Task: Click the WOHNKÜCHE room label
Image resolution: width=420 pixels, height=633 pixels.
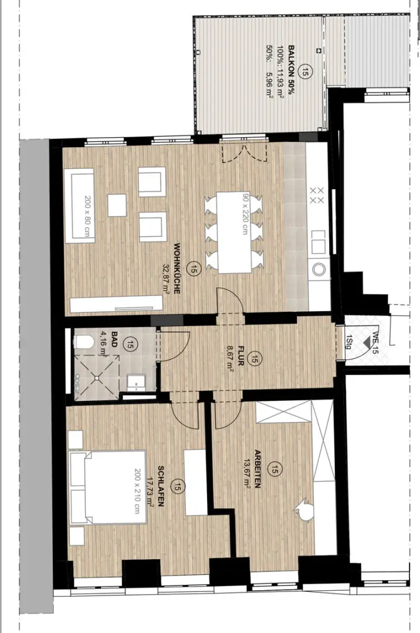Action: (177, 268)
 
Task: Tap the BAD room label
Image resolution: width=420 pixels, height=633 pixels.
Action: (114, 339)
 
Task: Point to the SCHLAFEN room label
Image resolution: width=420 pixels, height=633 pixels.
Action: (160, 486)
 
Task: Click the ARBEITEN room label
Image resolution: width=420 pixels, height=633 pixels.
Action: (258, 469)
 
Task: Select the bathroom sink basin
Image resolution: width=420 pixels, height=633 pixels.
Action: (137, 382)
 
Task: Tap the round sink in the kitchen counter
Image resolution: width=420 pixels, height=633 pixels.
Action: (319, 269)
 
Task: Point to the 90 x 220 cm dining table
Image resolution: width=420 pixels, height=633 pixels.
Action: (234, 232)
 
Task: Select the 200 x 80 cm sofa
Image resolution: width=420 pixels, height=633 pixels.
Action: (79, 206)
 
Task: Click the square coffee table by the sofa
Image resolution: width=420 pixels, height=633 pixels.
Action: (117, 205)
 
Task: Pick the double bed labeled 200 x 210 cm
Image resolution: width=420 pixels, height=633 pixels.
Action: (107, 488)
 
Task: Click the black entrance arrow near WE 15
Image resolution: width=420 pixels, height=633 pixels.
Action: (367, 342)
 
